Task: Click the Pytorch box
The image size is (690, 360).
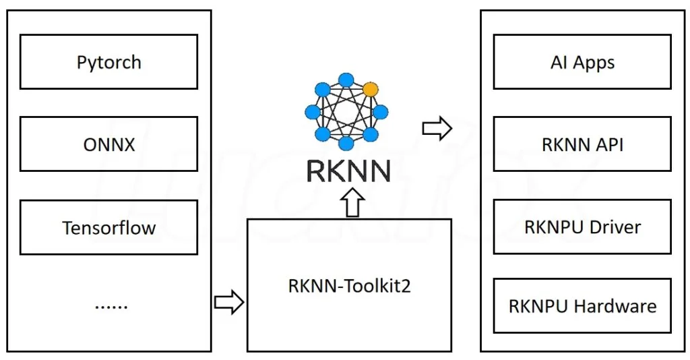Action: click(x=108, y=62)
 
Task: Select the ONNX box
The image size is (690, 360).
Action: click(x=108, y=144)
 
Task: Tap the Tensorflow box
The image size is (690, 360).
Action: click(x=108, y=227)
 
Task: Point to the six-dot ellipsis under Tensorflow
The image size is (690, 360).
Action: click(x=111, y=305)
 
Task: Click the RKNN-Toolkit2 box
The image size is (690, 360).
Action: click(x=349, y=284)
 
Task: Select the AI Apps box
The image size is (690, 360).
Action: click(x=582, y=63)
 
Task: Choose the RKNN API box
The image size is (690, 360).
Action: click(x=582, y=144)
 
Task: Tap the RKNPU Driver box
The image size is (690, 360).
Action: click(x=582, y=227)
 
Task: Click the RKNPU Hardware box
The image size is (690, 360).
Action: click(x=582, y=305)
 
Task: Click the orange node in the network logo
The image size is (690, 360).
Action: click(x=369, y=89)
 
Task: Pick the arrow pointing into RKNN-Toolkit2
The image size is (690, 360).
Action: click(x=228, y=303)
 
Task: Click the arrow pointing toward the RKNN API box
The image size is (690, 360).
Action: click(x=436, y=129)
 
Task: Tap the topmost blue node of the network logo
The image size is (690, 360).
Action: click(x=346, y=80)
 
